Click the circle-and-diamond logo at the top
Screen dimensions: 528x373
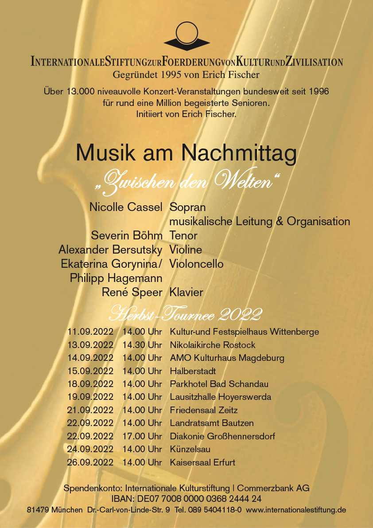point(186,36)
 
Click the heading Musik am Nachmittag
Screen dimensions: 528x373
point(186,153)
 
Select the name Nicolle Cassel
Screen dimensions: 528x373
point(126,207)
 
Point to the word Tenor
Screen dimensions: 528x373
point(183,235)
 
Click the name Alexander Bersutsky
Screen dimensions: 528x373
point(110,250)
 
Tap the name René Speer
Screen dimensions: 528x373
point(132,293)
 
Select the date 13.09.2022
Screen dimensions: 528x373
point(90,345)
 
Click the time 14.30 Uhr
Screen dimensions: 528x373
point(142,345)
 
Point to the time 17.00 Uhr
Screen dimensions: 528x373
point(142,436)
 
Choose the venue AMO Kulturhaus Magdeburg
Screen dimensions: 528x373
point(227,358)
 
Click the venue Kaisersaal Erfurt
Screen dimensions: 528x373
point(202,462)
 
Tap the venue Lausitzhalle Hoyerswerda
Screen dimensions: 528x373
point(220,397)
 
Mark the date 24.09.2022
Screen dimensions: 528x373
point(90,449)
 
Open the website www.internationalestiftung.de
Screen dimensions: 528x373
point(295,510)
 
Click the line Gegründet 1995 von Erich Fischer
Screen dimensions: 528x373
point(186,75)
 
